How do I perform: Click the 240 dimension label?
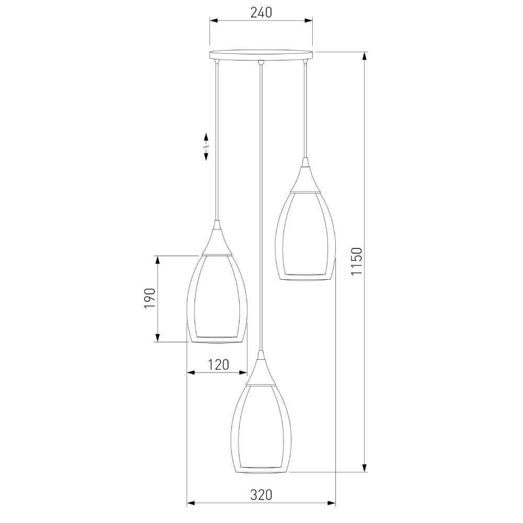[261, 13]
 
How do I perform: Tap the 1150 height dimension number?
[357, 261]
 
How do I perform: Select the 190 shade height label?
[150, 298]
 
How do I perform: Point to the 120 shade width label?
[219, 365]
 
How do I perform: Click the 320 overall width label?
[261, 495]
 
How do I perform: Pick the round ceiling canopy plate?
[261, 55]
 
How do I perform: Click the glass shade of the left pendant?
[217, 299]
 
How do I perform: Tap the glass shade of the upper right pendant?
[304, 236]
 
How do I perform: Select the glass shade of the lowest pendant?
[261, 429]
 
